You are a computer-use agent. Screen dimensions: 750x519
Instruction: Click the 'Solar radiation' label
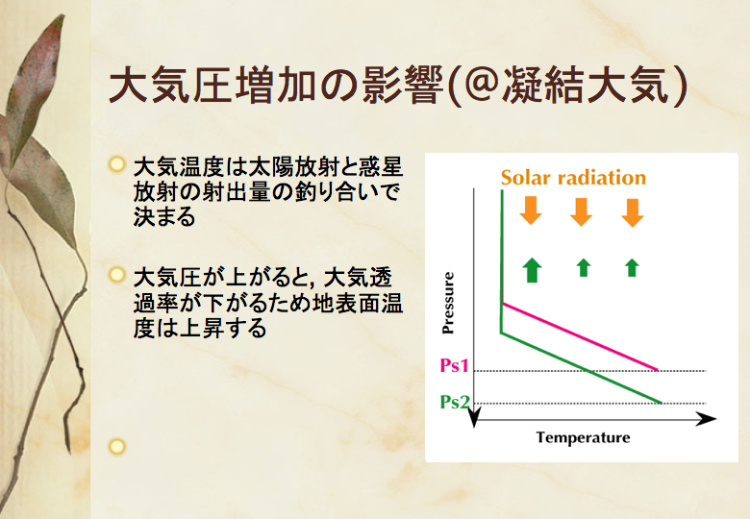[x=573, y=178]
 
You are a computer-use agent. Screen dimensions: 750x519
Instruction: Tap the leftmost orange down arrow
[x=531, y=210]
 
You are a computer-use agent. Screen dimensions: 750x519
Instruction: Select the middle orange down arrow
[x=581, y=211]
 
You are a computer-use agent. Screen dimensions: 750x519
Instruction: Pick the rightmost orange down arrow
[x=633, y=212]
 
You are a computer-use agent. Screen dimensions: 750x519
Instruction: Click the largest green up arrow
[x=532, y=270]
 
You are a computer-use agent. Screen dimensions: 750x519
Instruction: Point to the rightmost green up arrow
[x=632, y=267]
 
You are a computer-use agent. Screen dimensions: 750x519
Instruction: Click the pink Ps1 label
[x=454, y=366]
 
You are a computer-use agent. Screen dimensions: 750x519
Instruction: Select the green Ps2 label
[x=455, y=403]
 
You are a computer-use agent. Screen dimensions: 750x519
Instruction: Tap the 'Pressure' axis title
[x=448, y=303]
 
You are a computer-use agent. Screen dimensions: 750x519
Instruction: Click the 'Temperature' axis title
[x=583, y=437]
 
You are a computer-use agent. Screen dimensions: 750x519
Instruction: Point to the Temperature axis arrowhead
[x=707, y=419]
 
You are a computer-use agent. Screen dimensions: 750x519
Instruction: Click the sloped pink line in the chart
[x=580, y=336]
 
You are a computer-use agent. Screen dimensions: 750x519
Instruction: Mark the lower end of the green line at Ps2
[x=661, y=403]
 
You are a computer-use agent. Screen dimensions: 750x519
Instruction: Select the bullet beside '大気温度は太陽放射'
[x=116, y=164]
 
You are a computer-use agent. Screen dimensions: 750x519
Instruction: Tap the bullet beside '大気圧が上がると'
[x=116, y=275]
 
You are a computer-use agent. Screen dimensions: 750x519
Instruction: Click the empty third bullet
[x=116, y=446]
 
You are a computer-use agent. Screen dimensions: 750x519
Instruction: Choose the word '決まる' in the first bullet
[x=164, y=216]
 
